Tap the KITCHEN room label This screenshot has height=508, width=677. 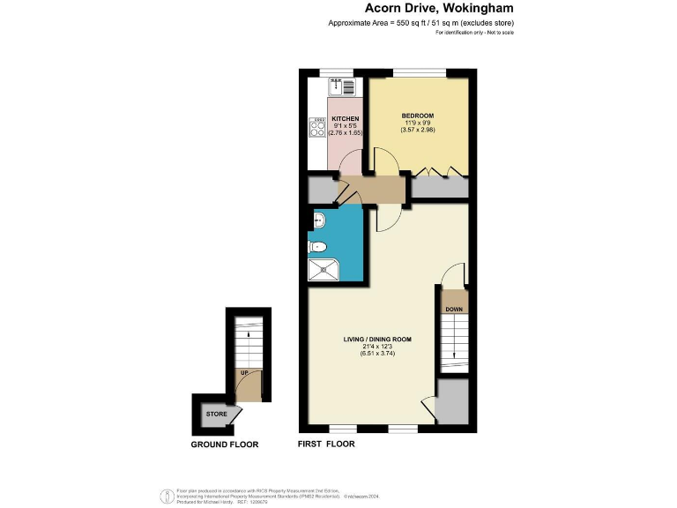point(345,119)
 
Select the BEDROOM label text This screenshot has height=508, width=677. point(418,116)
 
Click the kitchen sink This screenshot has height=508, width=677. point(342,86)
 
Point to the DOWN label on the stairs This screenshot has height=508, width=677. point(454,310)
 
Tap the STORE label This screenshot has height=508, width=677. point(216,414)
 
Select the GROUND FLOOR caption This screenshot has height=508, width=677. point(225,444)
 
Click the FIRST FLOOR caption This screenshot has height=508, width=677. point(326,444)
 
